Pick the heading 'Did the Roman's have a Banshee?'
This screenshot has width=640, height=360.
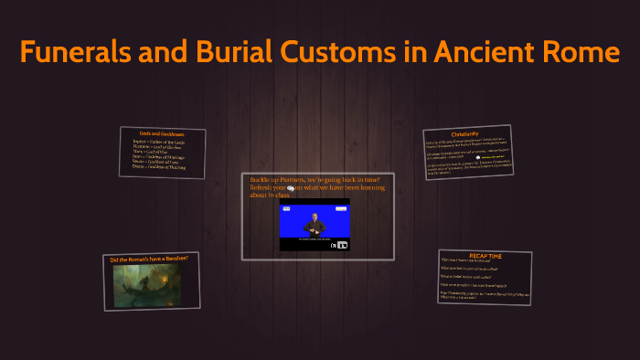pyautogui.click(x=149, y=259)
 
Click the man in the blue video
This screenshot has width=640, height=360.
pyautogui.click(x=314, y=223)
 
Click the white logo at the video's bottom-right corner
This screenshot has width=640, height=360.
pyautogui.click(x=343, y=245)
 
